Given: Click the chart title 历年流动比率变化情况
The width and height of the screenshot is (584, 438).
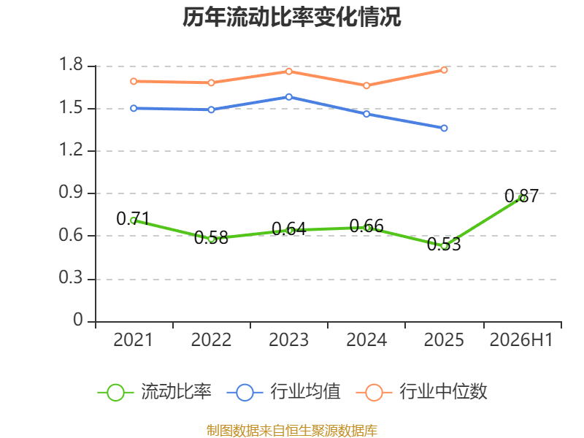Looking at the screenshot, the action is tap(291, 18).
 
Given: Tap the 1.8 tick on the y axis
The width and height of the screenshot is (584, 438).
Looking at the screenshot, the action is tap(71, 64).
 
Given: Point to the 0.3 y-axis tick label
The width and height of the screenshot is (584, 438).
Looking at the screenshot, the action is tap(71, 277).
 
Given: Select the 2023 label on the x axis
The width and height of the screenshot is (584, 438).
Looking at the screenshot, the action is tap(288, 339).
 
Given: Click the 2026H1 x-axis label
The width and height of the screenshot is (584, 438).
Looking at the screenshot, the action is tap(521, 339).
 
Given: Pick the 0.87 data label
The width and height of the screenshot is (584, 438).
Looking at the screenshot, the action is tap(521, 196).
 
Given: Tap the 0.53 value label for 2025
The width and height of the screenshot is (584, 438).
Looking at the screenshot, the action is tap(444, 245).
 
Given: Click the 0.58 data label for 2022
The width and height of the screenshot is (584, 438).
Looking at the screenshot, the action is tap(211, 238).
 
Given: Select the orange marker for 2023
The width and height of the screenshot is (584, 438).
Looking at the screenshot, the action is tap(289, 71).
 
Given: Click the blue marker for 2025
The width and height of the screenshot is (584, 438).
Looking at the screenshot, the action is tap(444, 128).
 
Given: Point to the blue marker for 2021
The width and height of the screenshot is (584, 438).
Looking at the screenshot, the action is tap(134, 108).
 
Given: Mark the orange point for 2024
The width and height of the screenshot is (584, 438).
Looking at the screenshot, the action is tap(366, 85).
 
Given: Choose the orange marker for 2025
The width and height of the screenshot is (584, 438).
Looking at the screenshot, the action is tap(444, 70).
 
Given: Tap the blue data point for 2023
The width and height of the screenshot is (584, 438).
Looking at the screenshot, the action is tap(289, 97).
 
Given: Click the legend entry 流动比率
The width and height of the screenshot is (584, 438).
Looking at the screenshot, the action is tap(154, 392).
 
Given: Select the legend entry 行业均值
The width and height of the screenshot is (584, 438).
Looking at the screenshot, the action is tap(283, 392).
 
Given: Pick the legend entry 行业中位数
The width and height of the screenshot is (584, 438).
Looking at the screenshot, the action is tap(421, 392).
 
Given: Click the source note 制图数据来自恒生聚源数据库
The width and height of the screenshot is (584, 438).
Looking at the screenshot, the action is tap(291, 431).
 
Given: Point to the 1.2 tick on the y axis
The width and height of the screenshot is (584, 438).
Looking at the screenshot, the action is tap(71, 150).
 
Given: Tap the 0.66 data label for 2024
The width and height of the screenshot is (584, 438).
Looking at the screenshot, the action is tap(366, 226).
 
